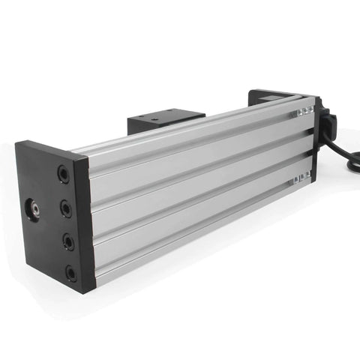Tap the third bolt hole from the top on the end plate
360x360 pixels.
(68, 241)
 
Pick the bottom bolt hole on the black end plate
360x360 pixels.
(71, 273)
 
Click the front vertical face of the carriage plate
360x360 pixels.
(142, 125)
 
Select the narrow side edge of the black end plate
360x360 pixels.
(84, 225)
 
